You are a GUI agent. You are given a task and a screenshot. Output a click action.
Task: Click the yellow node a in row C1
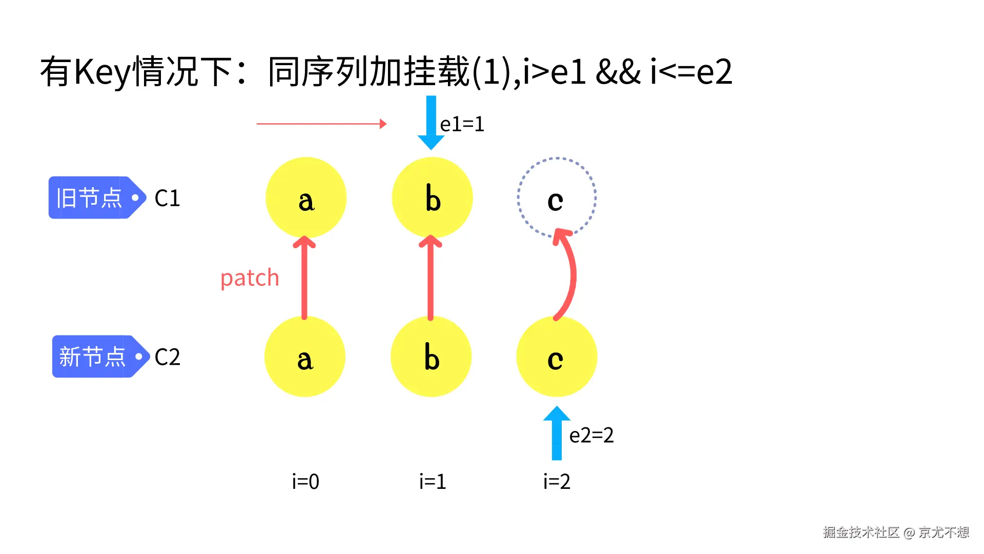point(306,197)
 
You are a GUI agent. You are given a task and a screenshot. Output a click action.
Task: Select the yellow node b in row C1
point(432,197)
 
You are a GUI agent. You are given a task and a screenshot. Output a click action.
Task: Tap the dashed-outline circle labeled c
point(557,197)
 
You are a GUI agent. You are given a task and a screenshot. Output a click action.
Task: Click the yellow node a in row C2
point(305,357)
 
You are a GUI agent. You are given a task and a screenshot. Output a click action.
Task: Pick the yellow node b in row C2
point(431,357)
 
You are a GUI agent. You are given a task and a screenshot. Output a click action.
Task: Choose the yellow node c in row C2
point(557,357)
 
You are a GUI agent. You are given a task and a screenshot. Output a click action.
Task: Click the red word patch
point(250,278)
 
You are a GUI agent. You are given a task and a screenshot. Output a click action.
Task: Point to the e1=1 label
point(462,124)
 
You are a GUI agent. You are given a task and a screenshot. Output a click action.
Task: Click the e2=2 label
point(591,436)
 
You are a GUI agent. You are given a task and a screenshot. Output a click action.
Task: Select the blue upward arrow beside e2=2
point(557,433)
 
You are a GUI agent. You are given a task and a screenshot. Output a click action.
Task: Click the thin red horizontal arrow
point(321,124)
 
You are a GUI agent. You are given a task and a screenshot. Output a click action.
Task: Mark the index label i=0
point(305,482)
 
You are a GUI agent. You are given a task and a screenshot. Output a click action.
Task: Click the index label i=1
point(433,482)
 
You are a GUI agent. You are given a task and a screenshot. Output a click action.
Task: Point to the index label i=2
point(557,482)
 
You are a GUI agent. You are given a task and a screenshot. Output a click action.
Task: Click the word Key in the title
point(102,72)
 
